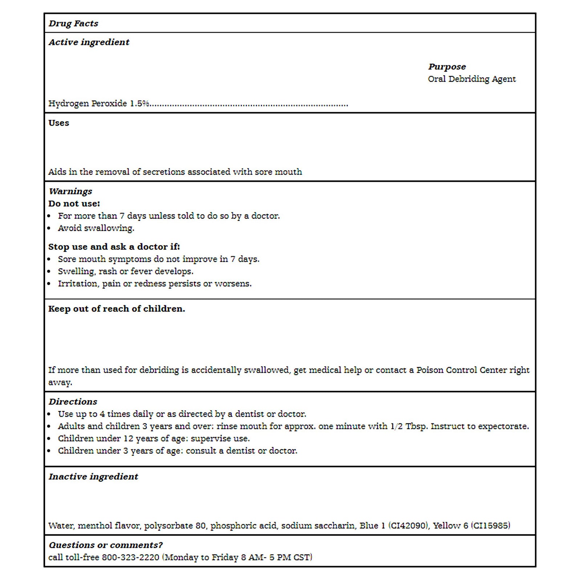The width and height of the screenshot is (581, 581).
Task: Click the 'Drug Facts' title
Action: click(73, 24)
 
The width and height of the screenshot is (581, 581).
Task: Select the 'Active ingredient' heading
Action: click(89, 42)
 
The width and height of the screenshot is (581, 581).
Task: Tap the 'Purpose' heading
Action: click(447, 67)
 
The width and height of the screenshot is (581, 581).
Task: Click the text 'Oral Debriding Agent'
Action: click(472, 79)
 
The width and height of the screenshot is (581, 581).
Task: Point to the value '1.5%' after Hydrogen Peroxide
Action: click(139, 104)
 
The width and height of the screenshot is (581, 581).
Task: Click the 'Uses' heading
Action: click(58, 123)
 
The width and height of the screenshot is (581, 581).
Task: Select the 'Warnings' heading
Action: click(70, 191)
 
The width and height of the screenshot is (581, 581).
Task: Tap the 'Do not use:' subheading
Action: click(74, 204)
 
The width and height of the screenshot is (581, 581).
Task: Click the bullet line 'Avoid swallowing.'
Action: click(96, 228)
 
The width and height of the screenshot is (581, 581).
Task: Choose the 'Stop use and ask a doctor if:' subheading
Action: click(114, 247)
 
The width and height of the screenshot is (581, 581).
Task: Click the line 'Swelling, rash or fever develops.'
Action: click(126, 272)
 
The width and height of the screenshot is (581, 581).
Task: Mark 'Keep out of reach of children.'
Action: click(117, 309)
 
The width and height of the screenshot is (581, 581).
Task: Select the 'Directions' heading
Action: click(73, 402)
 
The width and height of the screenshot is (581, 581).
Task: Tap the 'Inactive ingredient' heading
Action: click(93, 477)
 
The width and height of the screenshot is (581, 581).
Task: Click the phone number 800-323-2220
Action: click(130, 557)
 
